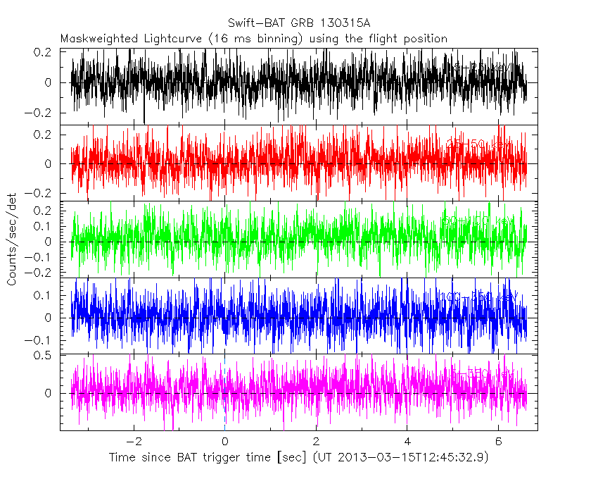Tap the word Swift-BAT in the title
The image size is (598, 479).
point(253,23)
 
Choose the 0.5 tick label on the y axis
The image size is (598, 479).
point(43,355)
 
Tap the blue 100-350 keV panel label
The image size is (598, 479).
point(481,296)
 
